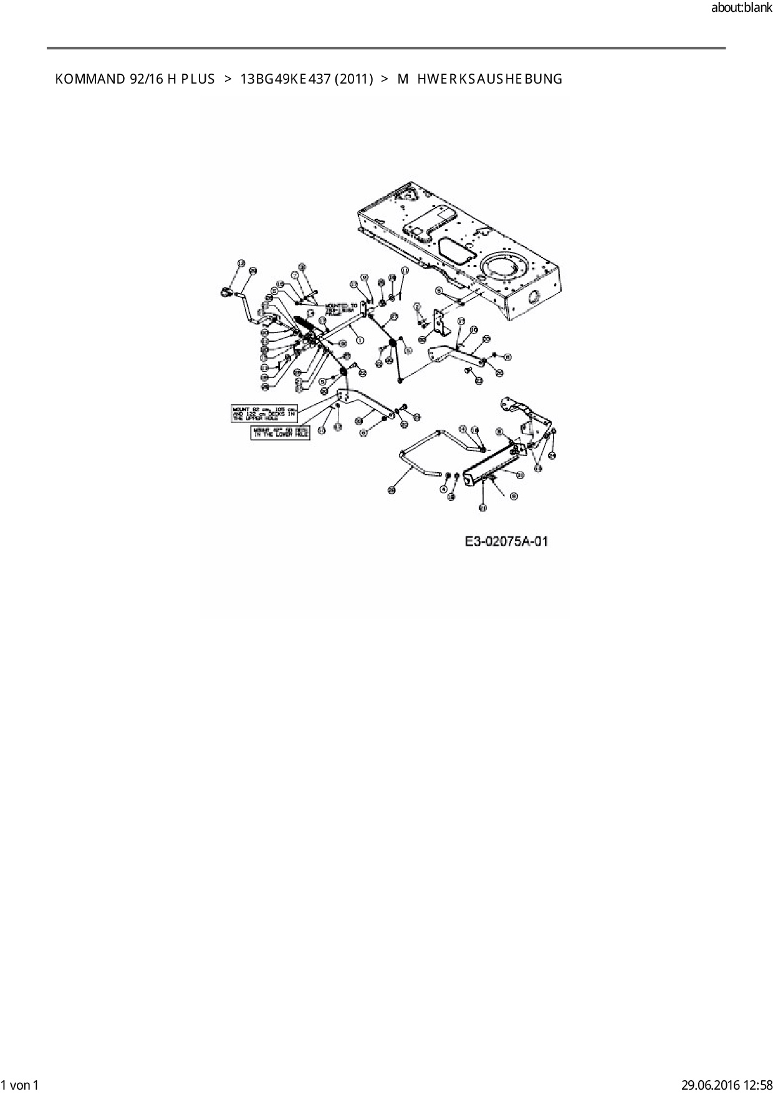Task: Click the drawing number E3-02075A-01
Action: [x=506, y=541]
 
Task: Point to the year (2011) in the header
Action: [x=353, y=79]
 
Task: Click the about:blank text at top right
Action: [x=741, y=8]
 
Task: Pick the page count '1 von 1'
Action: [x=20, y=1085]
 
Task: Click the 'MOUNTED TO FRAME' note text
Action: [x=340, y=309]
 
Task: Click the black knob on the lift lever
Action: [x=226, y=292]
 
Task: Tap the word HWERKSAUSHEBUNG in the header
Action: [x=489, y=79]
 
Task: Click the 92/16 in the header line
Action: [x=146, y=79]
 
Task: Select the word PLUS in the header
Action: [x=198, y=79]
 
